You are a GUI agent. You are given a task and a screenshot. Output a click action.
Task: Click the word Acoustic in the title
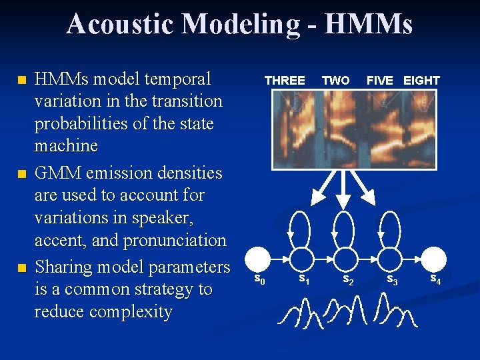[x=119, y=24]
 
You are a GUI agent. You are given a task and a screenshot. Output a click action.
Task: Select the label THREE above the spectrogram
[x=285, y=81]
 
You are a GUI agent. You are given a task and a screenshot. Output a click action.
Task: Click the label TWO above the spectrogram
[x=335, y=81]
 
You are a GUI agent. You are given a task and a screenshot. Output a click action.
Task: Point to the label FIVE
[x=380, y=81]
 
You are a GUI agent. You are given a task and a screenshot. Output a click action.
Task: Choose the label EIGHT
[x=421, y=81]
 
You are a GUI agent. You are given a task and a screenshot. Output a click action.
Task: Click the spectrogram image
[x=353, y=129]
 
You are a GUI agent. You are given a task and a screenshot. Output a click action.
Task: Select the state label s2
[x=348, y=280]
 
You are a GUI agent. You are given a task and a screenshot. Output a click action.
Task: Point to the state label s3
[x=393, y=280]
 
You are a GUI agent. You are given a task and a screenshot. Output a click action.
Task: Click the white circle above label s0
[x=258, y=259]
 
